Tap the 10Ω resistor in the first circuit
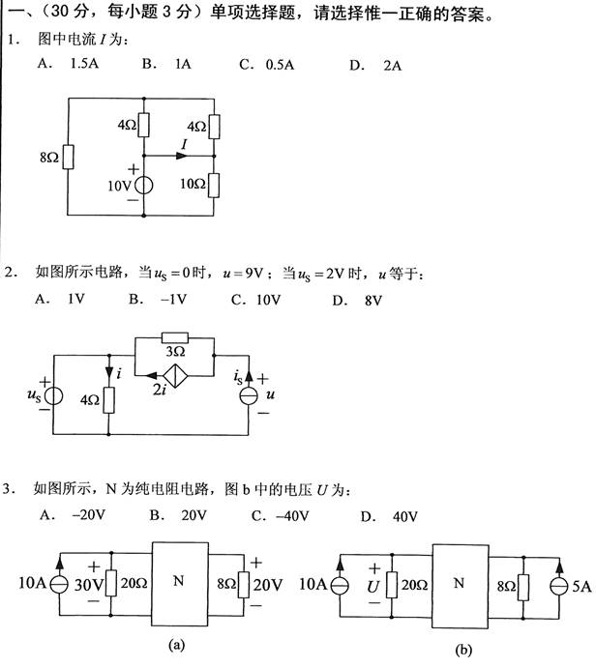pos(214,183)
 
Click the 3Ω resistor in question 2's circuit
pos(177,347)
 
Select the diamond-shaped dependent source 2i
pos(177,376)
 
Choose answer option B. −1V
pos(150,301)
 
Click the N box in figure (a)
pos(177,581)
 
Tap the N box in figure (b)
pos(461,582)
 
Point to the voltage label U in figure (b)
pos(372,586)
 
